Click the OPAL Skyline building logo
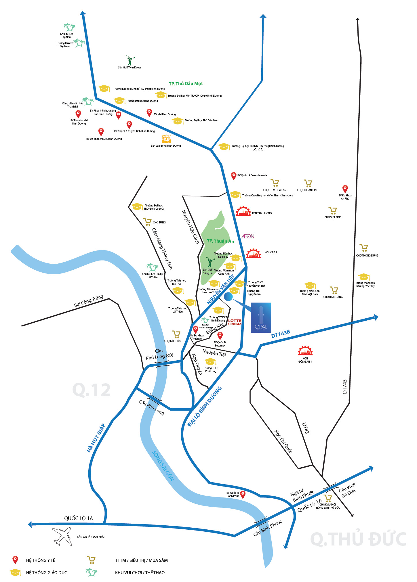point(260,317)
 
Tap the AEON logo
point(248,236)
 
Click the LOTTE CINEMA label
point(235,322)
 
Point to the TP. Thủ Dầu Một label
point(186,84)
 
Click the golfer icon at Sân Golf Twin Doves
point(130,60)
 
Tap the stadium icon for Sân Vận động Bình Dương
point(166,139)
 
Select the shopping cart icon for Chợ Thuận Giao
point(308,183)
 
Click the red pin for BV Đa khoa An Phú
point(345,189)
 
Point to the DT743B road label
point(280,334)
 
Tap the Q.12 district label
point(91,390)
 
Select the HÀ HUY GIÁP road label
point(96,438)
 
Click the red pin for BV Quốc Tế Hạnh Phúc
point(243,494)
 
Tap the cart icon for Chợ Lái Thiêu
point(176,334)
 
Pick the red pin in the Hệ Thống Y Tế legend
point(15,560)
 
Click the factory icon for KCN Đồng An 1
point(305,351)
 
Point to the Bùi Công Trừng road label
point(89,301)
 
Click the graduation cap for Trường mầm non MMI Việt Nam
point(310,285)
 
